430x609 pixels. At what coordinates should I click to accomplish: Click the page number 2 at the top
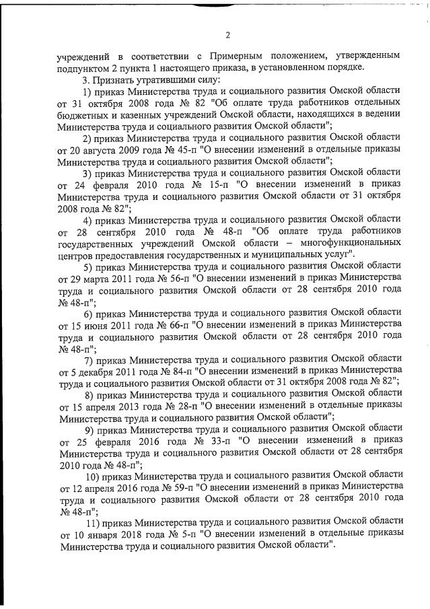click(227, 35)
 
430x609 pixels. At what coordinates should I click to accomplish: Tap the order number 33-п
click(221, 441)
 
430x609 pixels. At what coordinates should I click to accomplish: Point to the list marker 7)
click(87, 358)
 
